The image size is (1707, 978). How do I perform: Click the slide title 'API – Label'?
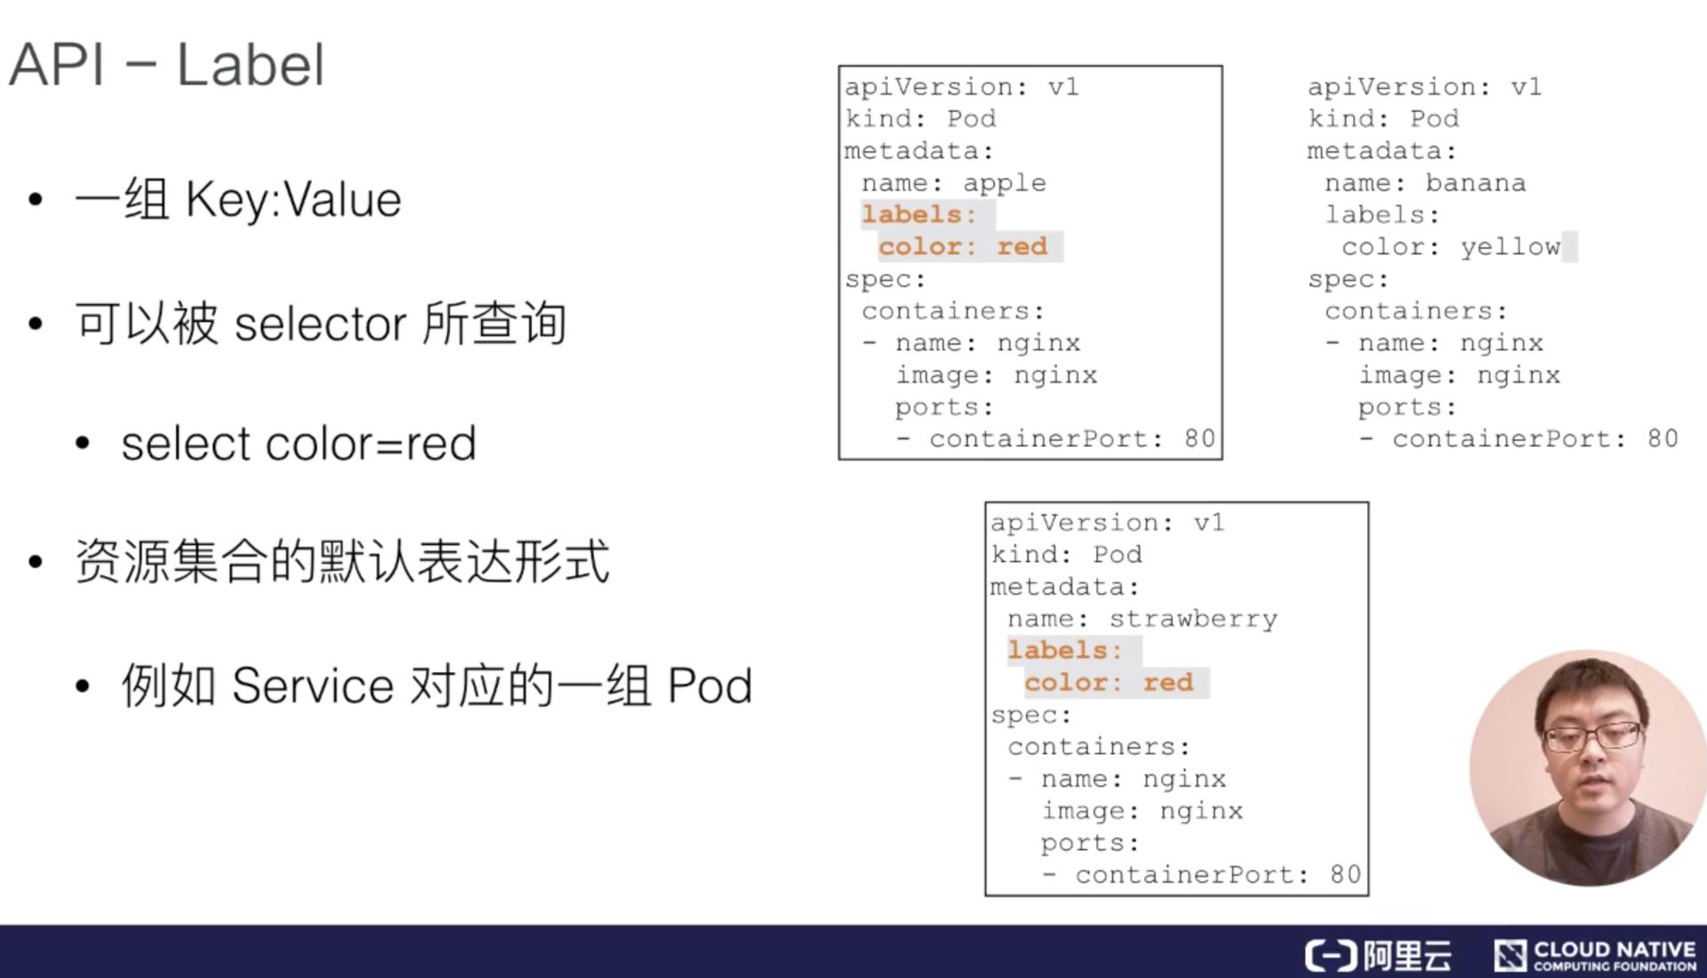[166, 65]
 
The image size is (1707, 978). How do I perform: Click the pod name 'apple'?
[1004, 183]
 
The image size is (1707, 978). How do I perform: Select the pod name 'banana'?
[1475, 183]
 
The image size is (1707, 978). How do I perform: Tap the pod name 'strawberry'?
[1192, 619]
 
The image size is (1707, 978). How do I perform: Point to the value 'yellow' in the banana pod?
[1510, 247]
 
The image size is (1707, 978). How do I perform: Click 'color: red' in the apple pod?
[963, 247]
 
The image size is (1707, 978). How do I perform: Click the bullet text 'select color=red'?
[299, 444]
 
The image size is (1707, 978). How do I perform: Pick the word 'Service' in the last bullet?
[312, 686]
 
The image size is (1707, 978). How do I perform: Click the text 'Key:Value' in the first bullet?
[293, 200]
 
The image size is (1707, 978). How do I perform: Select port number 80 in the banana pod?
[1662, 439]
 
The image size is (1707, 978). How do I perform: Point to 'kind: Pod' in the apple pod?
[920, 119]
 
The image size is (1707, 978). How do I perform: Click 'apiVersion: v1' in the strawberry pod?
[1108, 523]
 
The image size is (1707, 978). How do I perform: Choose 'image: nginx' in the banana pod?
[1458, 375]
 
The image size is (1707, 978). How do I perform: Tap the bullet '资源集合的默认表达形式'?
[342, 562]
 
